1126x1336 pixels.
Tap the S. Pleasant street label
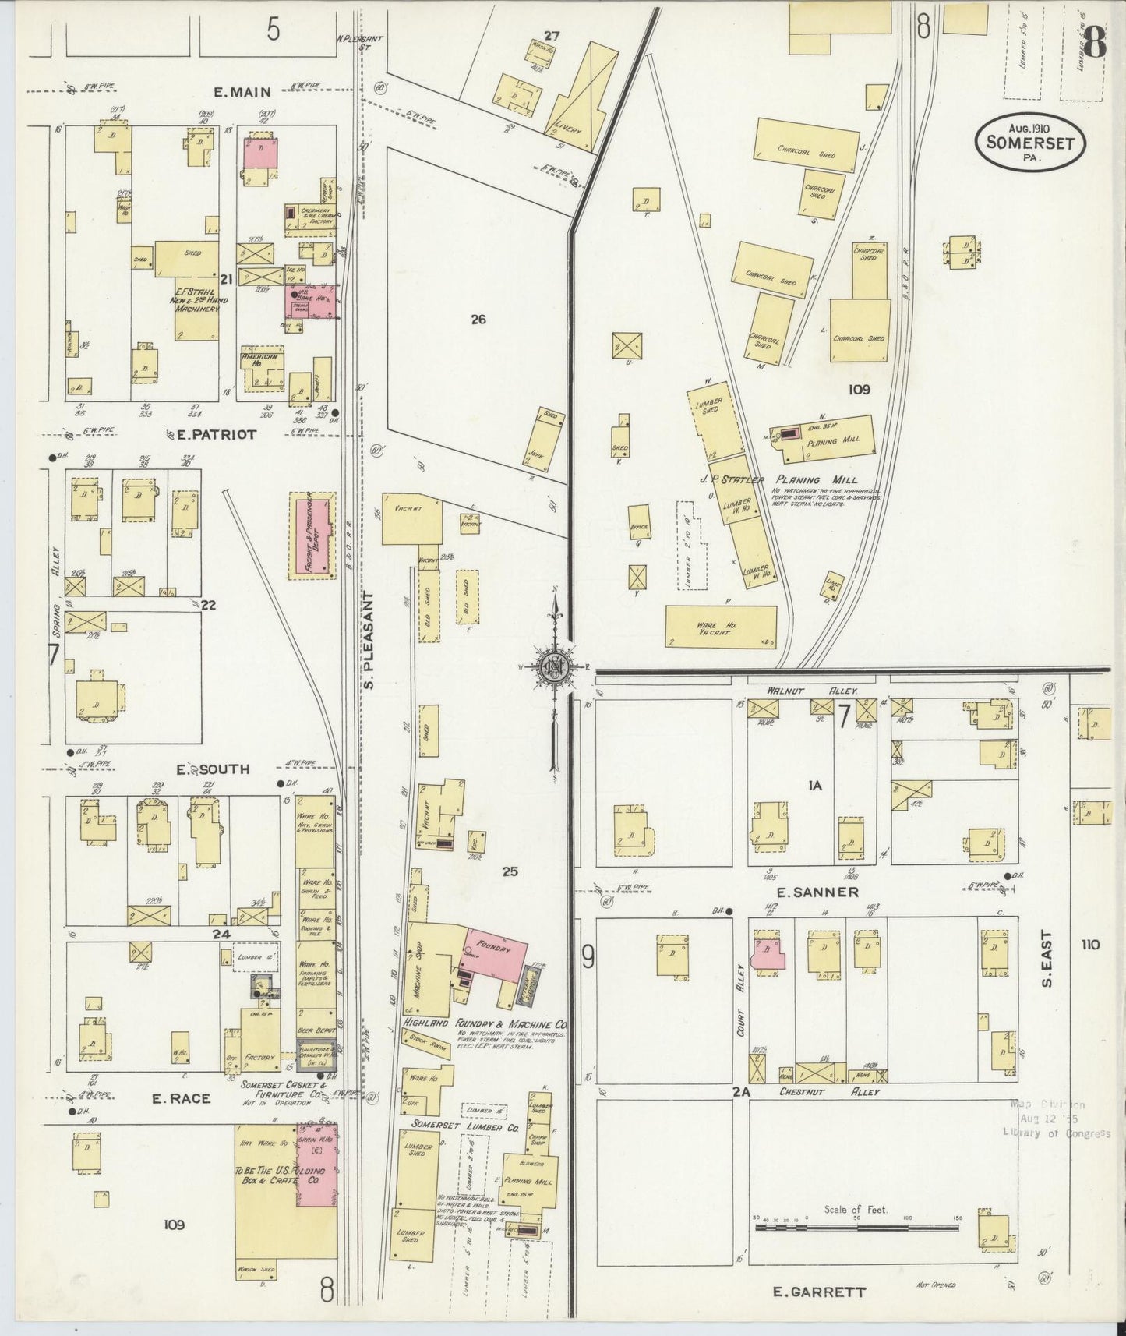coord(369,639)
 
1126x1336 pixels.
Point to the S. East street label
coord(1047,959)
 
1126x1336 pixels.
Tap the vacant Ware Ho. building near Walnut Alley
coord(721,627)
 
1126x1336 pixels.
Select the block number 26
coord(478,319)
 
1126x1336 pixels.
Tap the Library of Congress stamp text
coord(1057,1133)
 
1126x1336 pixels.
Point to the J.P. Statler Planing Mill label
coord(794,479)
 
